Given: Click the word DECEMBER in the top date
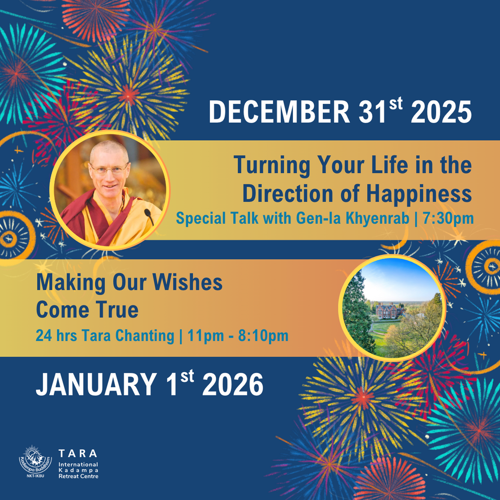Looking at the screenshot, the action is pyautogui.click(x=279, y=112).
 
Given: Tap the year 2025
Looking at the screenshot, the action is pyautogui.click(x=441, y=112).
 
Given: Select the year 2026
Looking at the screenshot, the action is pyautogui.click(x=233, y=384).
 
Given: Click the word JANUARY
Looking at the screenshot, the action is pyautogui.click(x=96, y=384).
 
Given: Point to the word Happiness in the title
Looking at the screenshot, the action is pyautogui.click(x=419, y=193).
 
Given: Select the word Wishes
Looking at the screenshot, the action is pyautogui.click(x=187, y=282).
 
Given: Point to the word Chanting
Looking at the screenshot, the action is pyautogui.click(x=145, y=336).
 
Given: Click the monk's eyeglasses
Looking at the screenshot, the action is pyautogui.click(x=109, y=169).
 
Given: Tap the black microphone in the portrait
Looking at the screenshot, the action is pyautogui.click(x=149, y=216).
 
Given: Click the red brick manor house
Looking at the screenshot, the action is pyautogui.click(x=387, y=311).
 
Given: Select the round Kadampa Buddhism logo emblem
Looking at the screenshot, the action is pyautogui.click(x=35, y=459).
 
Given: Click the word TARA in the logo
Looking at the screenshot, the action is pyautogui.click(x=78, y=453).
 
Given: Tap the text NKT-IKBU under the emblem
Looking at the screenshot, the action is pyautogui.click(x=35, y=476).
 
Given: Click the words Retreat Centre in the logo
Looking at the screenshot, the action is pyautogui.click(x=79, y=476).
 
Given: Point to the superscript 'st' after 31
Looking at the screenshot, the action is pyautogui.click(x=396, y=104).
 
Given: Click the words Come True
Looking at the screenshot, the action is pyautogui.click(x=87, y=310).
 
